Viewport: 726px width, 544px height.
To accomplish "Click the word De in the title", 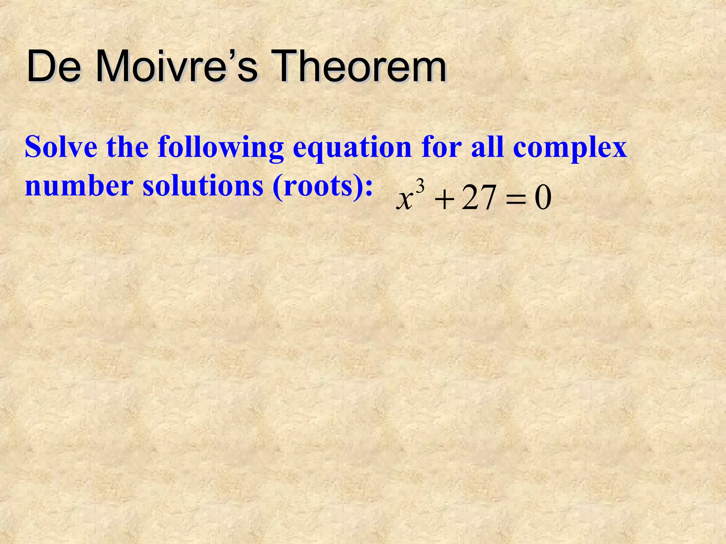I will pos(53,66).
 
